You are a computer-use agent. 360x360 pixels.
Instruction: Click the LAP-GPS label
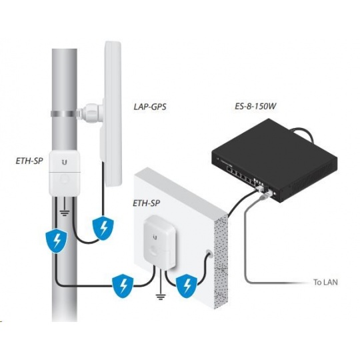coord(150,107)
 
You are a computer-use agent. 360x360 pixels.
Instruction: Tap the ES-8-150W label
coord(255,106)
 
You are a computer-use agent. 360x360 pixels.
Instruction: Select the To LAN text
coord(325,282)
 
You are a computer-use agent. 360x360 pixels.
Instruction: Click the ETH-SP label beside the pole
coord(29,161)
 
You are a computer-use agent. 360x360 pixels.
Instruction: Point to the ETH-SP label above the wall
coord(147,203)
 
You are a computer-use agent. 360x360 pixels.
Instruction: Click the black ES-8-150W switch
coord(275,160)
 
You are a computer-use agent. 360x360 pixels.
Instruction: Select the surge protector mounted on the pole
coord(65,173)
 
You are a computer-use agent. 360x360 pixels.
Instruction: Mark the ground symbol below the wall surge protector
coord(161,296)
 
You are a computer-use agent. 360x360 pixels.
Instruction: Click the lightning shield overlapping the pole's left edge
coord(56,241)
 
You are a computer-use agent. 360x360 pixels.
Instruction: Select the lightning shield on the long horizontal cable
coord(123,286)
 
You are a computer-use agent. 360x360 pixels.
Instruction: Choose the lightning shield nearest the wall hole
coord(187,287)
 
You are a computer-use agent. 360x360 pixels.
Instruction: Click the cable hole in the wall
coord(209,254)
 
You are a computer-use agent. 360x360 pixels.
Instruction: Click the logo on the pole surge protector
coord(65,161)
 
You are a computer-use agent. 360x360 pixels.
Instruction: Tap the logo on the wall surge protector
coord(156,237)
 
